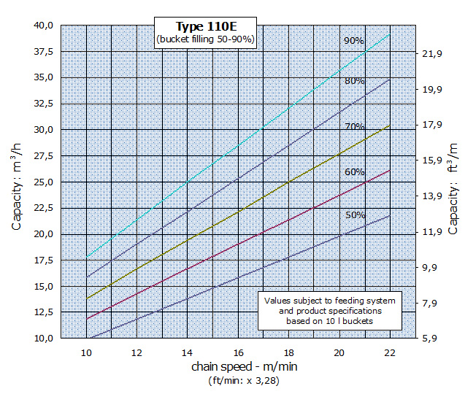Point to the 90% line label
click(x=354, y=41)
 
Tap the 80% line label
click(x=355, y=81)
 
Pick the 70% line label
click(x=355, y=126)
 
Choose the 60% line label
click(x=355, y=172)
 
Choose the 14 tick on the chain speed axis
click(x=188, y=353)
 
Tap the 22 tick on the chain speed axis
click(x=389, y=353)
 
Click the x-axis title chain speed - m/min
click(x=238, y=366)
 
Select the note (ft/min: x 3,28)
click(x=238, y=380)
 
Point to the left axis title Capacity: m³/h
click(x=17, y=182)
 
